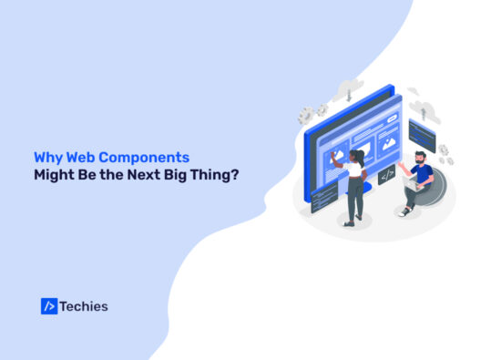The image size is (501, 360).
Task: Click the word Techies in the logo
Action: [x=85, y=306]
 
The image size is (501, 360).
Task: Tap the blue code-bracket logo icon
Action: [x=49, y=306]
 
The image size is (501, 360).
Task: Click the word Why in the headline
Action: [x=46, y=156]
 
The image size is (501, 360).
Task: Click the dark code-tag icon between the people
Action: [x=386, y=173]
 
